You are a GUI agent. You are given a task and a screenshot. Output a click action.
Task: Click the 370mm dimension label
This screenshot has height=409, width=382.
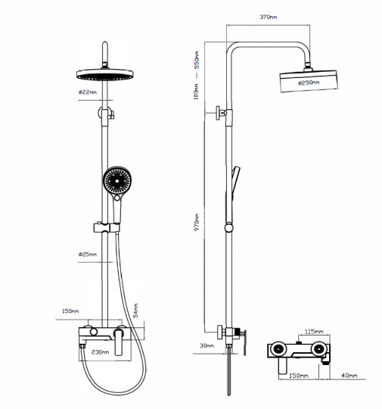pyautogui.click(x=269, y=17)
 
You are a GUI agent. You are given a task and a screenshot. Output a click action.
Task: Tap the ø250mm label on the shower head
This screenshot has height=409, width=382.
pyautogui.click(x=309, y=83)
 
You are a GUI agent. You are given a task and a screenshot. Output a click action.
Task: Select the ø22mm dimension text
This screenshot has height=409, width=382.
pyautogui.click(x=88, y=92)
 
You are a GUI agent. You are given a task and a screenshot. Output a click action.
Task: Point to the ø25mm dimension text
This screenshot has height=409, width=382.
pyautogui.click(x=88, y=254)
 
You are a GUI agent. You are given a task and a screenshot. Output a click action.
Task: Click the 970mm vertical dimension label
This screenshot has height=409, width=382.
pyautogui.click(x=197, y=222)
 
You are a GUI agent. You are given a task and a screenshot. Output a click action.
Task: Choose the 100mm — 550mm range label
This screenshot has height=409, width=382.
pyautogui.click(x=196, y=76)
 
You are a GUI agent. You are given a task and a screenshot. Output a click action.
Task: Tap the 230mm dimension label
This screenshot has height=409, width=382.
pyautogui.click(x=101, y=352)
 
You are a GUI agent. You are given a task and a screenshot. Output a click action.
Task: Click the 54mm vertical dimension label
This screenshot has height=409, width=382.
pyautogui.click(x=135, y=311)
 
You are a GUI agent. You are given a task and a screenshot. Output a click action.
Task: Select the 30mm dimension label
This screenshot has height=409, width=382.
pyautogui.click(x=207, y=345)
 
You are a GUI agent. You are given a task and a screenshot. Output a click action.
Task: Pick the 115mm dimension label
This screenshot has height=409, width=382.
pyautogui.click(x=314, y=332)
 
